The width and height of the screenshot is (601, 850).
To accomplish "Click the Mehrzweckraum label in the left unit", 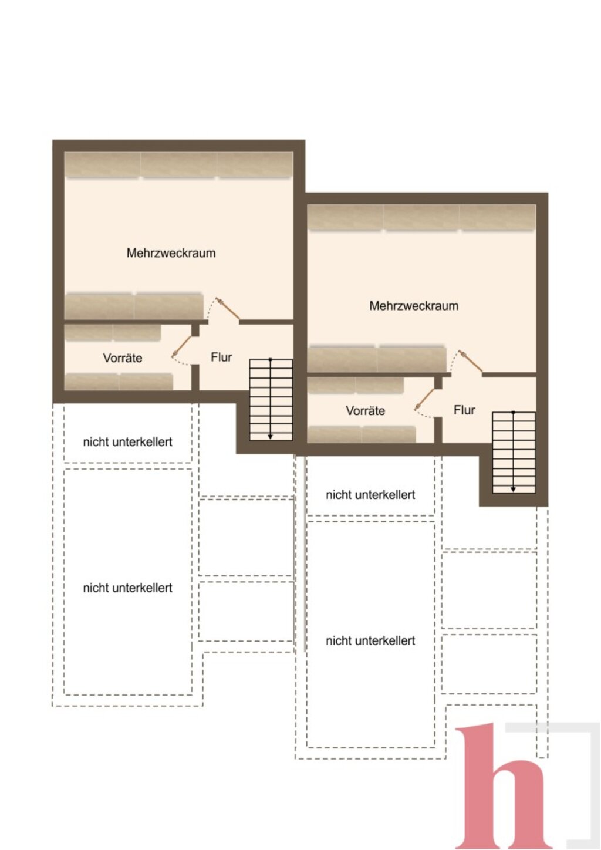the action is click(x=171, y=253).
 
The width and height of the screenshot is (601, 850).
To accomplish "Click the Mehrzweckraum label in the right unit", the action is click(x=414, y=306).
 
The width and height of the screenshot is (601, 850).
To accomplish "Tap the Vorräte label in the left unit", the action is click(x=123, y=358).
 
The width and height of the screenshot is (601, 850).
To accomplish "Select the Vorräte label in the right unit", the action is click(x=366, y=410).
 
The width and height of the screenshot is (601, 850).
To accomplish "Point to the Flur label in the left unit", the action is click(x=222, y=357).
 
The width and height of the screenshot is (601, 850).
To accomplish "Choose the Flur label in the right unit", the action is click(x=464, y=410).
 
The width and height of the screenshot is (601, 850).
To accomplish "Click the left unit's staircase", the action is click(x=271, y=400).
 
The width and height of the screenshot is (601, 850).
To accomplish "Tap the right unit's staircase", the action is click(x=514, y=453).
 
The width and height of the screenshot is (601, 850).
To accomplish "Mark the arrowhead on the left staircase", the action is click(x=270, y=437).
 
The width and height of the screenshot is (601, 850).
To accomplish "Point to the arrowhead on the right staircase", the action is click(x=513, y=490).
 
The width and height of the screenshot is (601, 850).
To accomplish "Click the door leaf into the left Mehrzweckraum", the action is click(x=228, y=309).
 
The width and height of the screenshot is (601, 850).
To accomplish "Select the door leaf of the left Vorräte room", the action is click(x=181, y=346).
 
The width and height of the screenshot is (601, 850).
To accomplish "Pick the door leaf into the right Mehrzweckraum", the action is click(x=471, y=361).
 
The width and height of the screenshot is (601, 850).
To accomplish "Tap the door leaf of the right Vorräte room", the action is click(x=424, y=399).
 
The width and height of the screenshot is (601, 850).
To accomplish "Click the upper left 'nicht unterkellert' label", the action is click(x=128, y=442).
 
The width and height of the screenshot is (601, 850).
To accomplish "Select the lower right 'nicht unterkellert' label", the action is click(x=371, y=641).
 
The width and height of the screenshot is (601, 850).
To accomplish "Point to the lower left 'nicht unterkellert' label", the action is click(x=128, y=588).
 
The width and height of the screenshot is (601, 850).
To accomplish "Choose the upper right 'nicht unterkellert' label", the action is click(x=371, y=495).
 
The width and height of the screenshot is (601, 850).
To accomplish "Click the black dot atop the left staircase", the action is click(x=270, y=359).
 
